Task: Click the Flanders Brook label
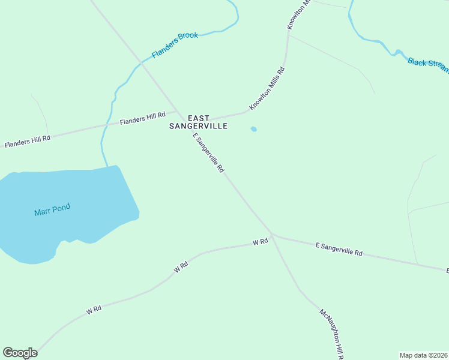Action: pos(175,45)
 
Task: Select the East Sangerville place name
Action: pos(199,122)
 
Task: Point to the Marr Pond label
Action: pos(52,210)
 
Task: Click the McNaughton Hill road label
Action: pos(331,334)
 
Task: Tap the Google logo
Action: pos(20,353)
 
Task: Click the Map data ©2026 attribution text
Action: pos(423,355)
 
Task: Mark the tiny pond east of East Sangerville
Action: pos(254,129)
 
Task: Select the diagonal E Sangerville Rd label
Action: pos(208,154)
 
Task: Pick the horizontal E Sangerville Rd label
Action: pos(339,249)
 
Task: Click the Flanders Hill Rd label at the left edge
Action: pos(27,142)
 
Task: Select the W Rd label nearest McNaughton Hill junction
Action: pos(260,242)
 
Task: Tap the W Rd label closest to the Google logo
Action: pos(93,310)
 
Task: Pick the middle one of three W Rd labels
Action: pos(181,267)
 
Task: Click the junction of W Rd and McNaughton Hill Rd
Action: pos(272,235)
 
